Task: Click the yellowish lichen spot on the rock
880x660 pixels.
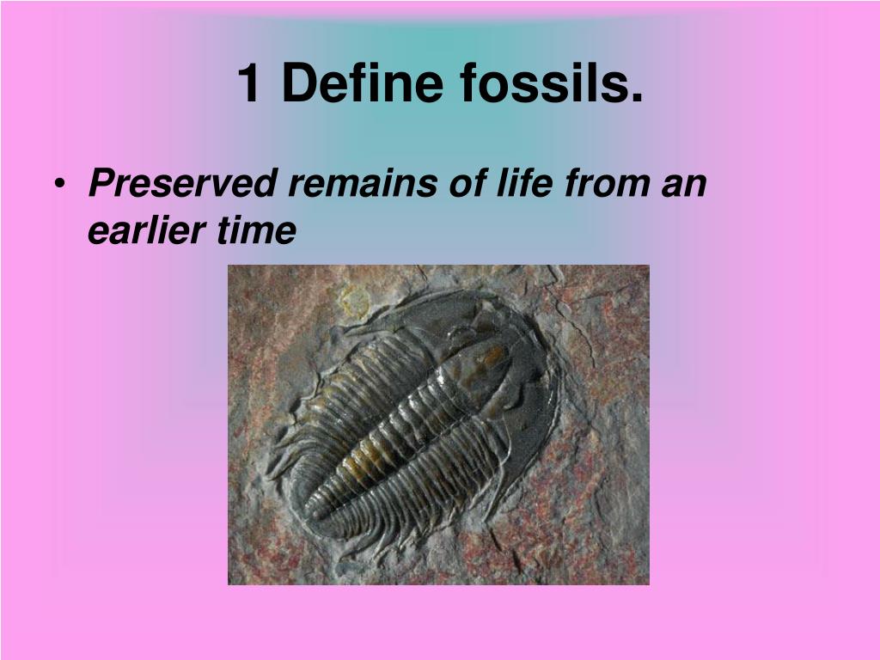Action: point(352,300)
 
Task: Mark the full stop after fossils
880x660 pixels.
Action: point(636,98)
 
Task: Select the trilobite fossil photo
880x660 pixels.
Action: point(438,425)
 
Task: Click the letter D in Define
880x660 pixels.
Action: point(296,84)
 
